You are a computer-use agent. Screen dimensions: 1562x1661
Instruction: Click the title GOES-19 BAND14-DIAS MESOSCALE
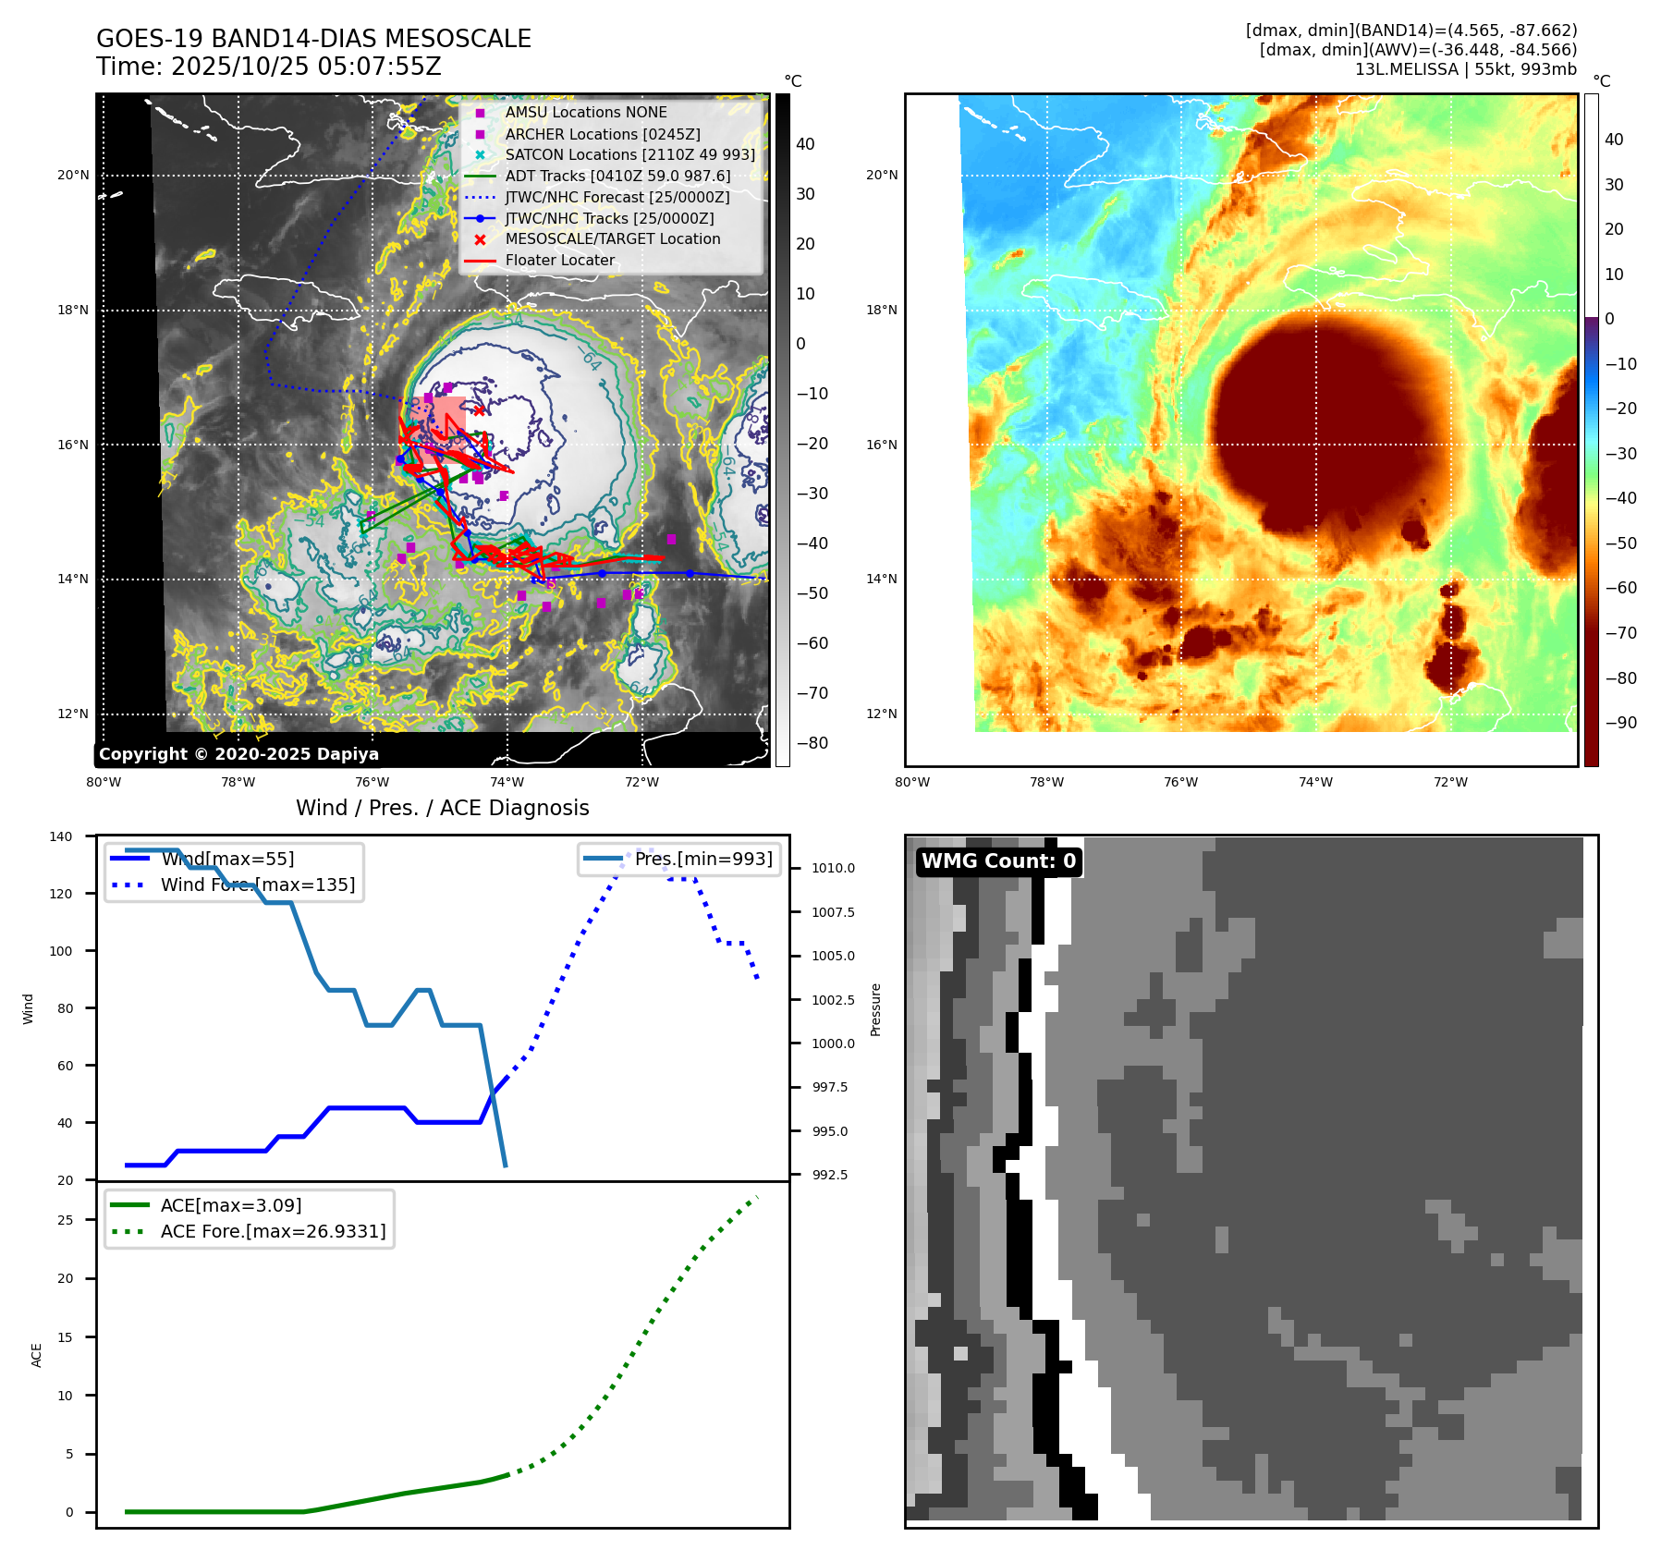click(x=313, y=39)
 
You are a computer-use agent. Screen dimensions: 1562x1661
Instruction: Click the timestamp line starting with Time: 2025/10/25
click(x=268, y=67)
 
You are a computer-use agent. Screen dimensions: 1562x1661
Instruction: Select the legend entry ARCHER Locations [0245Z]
click(x=602, y=134)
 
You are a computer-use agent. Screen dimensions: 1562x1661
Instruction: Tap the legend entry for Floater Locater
click(x=559, y=261)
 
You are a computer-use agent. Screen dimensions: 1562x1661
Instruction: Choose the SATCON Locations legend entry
click(x=629, y=155)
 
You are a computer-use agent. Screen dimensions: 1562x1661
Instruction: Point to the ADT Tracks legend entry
click(x=617, y=176)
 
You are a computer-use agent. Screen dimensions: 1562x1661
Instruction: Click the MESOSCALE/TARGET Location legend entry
click(x=612, y=238)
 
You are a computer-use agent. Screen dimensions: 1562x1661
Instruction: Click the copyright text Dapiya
click(x=238, y=754)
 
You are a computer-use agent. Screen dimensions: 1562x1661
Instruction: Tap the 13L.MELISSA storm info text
click(x=1465, y=69)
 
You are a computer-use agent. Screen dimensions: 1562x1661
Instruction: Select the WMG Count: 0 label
click(x=998, y=861)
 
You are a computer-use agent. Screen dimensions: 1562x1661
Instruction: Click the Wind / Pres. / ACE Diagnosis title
click(x=442, y=808)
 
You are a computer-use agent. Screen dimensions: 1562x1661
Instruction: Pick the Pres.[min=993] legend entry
click(x=702, y=859)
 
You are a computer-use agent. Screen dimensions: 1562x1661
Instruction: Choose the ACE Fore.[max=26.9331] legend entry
click(x=273, y=1231)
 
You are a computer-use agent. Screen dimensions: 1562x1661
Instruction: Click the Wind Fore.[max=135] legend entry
click(x=257, y=885)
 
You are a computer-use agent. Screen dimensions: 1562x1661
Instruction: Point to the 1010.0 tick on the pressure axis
click(x=833, y=868)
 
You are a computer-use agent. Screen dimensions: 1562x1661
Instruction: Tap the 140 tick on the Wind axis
click(x=61, y=836)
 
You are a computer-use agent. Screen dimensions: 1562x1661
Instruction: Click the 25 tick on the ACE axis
click(x=65, y=1220)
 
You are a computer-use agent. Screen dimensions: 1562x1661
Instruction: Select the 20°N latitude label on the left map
click(x=74, y=175)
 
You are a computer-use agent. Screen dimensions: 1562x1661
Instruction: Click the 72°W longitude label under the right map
click(x=1450, y=782)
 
